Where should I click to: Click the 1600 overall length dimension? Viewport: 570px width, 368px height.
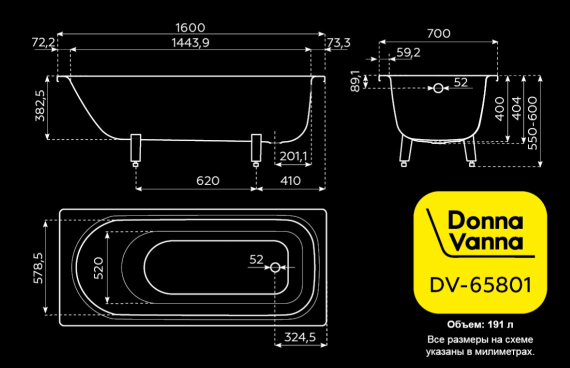[x=190, y=27]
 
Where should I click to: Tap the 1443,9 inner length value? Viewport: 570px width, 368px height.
[x=190, y=43]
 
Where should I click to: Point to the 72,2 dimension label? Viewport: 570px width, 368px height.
[x=43, y=42]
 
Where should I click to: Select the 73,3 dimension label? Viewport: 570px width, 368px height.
[x=338, y=43]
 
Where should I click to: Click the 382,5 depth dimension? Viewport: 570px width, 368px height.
[x=40, y=105]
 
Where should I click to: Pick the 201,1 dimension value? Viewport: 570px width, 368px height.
[x=293, y=156]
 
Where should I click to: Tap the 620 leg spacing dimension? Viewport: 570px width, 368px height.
[x=207, y=180]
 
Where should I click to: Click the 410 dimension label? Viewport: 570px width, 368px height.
[x=290, y=180]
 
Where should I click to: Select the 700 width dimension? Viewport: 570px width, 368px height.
[x=439, y=33]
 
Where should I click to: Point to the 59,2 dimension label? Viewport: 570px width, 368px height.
[x=408, y=52]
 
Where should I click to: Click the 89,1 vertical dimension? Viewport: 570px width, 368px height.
[x=355, y=80]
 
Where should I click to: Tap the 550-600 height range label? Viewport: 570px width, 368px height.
[x=532, y=123]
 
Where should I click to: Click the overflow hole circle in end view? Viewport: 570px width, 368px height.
[x=438, y=88]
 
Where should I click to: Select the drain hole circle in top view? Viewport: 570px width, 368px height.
[x=275, y=267]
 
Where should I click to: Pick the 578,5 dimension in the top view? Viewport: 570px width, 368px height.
[x=38, y=267]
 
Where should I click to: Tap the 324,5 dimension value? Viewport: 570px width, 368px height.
[x=300, y=337]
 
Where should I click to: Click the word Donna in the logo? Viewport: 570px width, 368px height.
[x=485, y=220]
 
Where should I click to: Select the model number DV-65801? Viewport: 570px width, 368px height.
[x=480, y=284]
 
